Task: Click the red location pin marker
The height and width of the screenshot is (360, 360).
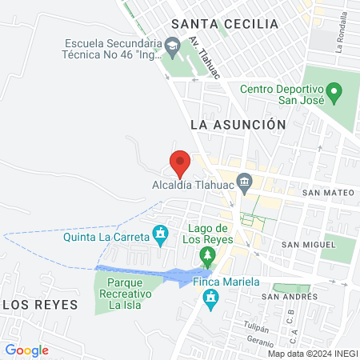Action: (180, 162)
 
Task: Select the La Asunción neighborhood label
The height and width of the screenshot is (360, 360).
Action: (238, 125)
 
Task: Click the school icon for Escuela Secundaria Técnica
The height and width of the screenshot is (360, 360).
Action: (171, 49)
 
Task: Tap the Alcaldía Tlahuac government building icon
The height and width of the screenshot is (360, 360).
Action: (245, 179)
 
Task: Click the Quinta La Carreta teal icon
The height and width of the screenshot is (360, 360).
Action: (160, 235)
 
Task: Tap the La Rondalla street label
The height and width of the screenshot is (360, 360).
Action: (340, 35)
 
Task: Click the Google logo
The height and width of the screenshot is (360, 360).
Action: (27, 350)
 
